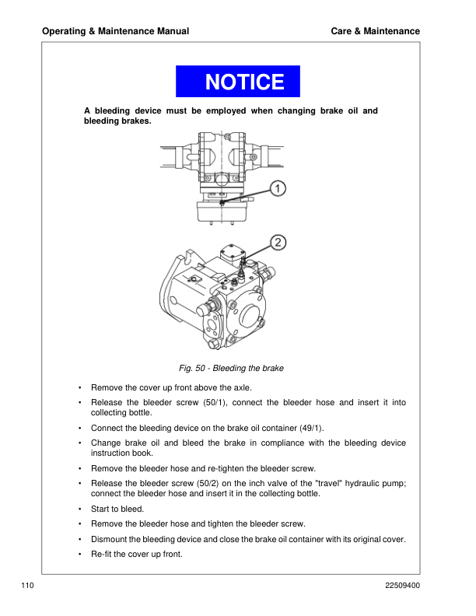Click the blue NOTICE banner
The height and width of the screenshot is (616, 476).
coord(237,82)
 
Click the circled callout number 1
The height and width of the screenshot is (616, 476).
coord(278,188)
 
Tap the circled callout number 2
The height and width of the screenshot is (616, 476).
coord(278,243)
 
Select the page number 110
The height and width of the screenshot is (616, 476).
coord(27,586)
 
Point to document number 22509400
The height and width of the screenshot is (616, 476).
coord(403,586)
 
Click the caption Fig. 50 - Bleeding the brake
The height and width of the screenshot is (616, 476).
coord(231,368)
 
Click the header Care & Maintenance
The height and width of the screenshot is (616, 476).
coord(376,31)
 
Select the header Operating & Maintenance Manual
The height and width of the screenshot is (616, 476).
coord(115,31)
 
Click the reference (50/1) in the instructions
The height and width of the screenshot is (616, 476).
coord(215,402)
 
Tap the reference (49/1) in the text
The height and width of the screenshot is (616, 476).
coord(311,428)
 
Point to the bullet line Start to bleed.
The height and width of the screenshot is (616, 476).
coord(117,509)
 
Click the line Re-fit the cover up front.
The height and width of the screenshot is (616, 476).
coord(137,554)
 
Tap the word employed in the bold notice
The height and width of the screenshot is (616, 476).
coord(226,110)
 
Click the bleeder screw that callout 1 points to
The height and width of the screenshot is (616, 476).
coord(222,202)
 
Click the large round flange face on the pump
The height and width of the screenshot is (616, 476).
coord(250,313)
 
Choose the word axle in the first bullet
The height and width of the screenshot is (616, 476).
coord(243,388)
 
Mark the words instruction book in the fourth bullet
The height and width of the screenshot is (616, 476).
coord(122,453)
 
